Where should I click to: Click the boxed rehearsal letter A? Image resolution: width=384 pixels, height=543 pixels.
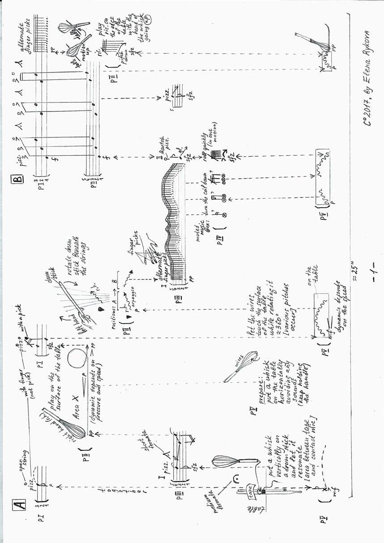[x=20, y=505]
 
